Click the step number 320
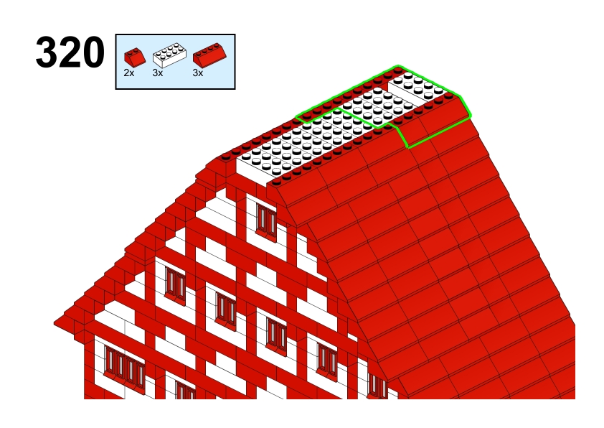70,52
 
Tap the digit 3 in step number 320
47,52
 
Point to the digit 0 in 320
93,52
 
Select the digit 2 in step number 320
70,52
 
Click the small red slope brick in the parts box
135,56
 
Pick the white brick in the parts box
169,55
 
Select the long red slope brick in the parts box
209,55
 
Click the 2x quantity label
129,73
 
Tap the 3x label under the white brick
158,73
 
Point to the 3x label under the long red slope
197,73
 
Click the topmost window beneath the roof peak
266,220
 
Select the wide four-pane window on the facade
125,367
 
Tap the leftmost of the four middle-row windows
175,284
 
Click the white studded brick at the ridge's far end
419,87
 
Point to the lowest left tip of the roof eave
54,323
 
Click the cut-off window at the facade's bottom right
377,386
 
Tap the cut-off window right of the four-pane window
185,390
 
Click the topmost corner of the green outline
398,66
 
